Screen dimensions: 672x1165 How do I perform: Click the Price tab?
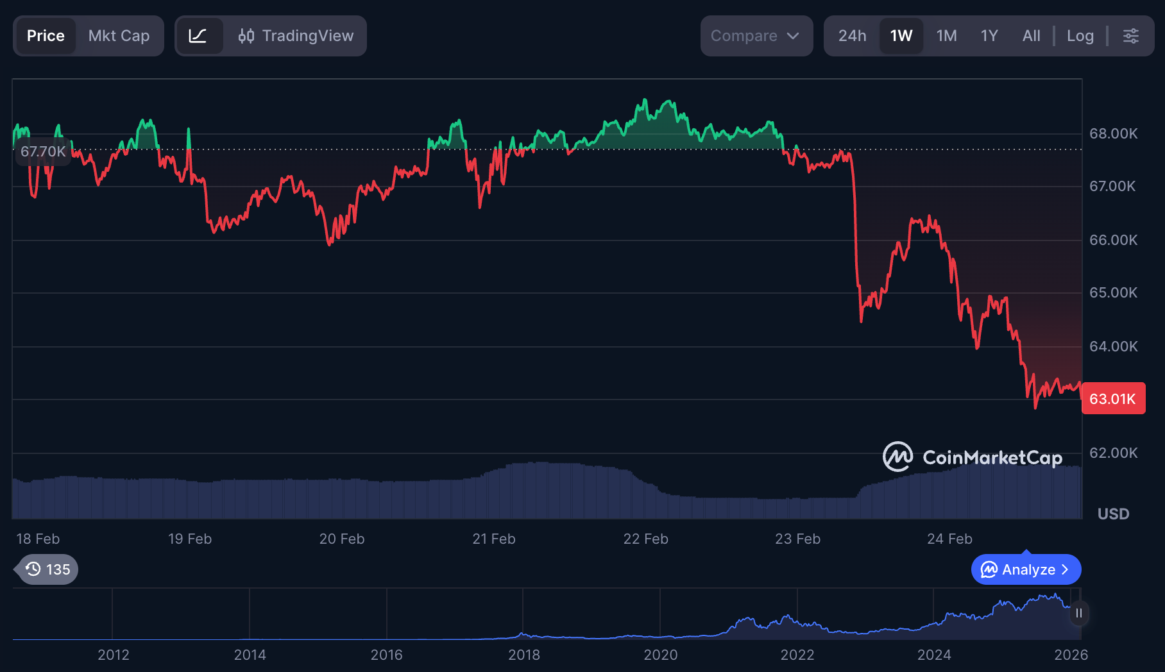pyautogui.click(x=46, y=36)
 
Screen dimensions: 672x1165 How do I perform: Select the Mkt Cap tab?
pyautogui.click(x=119, y=36)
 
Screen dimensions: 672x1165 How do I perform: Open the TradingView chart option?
pyautogui.click(x=296, y=36)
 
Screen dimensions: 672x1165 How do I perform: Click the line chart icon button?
pyautogui.click(x=198, y=36)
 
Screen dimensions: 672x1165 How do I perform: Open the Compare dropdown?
pyautogui.click(x=756, y=36)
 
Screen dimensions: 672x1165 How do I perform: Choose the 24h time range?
pyautogui.click(x=852, y=36)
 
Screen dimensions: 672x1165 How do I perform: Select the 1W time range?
pyautogui.click(x=901, y=36)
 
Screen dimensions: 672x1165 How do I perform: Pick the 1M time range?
pyautogui.click(x=946, y=36)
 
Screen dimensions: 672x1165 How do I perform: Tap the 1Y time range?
pyautogui.click(x=989, y=36)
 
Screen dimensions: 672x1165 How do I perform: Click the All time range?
pyautogui.click(x=1031, y=36)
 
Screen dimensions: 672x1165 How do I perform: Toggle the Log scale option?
pyautogui.click(x=1080, y=36)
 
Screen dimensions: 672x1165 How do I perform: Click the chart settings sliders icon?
pyautogui.click(x=1131, y=36)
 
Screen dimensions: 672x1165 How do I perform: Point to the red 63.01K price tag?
pyautogui.click(x=1113, y=399)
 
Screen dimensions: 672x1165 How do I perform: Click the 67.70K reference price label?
pyautogui.click(x=43, y=151)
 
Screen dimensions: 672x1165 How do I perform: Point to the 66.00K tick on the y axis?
pyautogui.click(x=1113, y=240)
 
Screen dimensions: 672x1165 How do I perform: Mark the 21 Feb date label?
pyautogui.click(x=494, y=539)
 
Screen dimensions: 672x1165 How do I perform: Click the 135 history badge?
pyautogui.click(x=49, y=569)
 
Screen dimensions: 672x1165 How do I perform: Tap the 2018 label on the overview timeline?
pyautogui.click(x=523, y=655)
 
